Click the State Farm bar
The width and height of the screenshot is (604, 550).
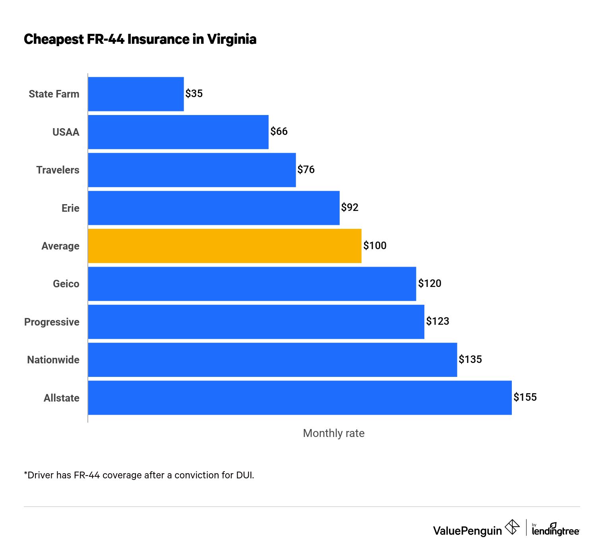click(136, 94)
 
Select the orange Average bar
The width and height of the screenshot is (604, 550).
click(225, 246)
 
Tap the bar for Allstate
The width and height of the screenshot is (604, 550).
click(300, 398)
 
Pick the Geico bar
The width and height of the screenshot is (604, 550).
click(252, 284)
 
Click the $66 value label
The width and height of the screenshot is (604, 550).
click(279, 132)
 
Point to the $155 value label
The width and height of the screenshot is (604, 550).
click(525, 397)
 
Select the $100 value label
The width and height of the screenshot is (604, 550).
click(375, 246)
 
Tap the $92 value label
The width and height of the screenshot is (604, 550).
click(350, 207)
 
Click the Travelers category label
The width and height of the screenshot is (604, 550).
click(58, 170)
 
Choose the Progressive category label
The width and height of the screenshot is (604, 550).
click(52, 322)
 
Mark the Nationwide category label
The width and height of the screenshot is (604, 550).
click(53, 360)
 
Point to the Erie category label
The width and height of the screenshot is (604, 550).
click(70, 208)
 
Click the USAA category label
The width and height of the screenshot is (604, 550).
click(66, 132)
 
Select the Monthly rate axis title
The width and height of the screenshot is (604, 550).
click(333, 433)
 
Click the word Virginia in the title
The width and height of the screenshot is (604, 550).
click(232, 39)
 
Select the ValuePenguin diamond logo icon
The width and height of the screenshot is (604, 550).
click(512, 527)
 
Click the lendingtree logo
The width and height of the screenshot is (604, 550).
click(555, 530)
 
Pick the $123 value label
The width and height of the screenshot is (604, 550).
click(438, 321)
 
